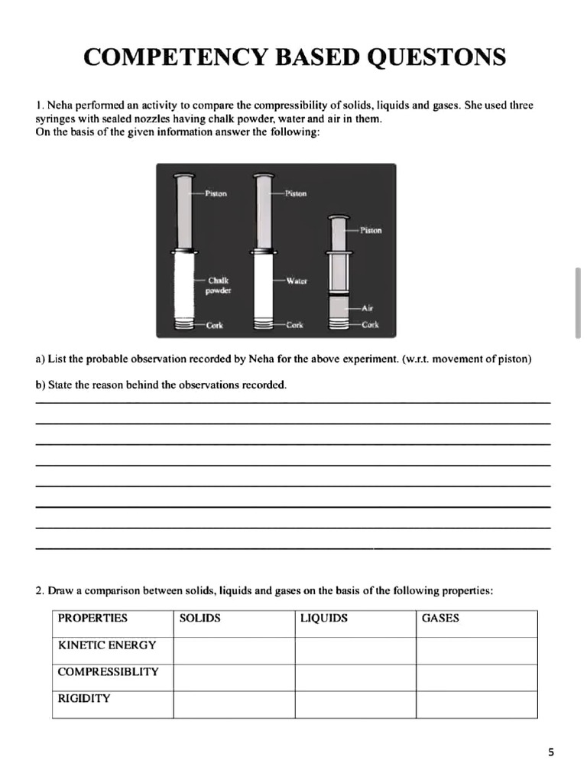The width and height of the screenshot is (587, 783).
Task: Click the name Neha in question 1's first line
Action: click(x=61, y=105)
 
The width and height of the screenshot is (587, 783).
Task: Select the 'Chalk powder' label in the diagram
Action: click(x=219, y=285)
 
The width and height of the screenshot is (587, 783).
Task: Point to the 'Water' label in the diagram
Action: click(x=297, y=281)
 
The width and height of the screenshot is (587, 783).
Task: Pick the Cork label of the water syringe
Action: click(x=294, y=325)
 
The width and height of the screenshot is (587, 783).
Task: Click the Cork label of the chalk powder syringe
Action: click(x=215, y=325)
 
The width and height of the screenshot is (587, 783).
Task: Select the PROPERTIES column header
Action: click(x=92, y=618)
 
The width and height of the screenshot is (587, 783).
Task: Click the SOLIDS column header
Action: click(x=199, y=618)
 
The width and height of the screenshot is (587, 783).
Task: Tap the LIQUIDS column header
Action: click(x=324, y=618)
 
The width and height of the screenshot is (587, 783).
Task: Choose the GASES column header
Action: click(x=440, y=618)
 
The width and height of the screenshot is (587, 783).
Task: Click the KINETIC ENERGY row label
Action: click(x=107, y=645)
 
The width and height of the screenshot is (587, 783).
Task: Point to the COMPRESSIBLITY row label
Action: click(x=109, y=671)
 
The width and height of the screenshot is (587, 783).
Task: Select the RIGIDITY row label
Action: click(x=84, y=698)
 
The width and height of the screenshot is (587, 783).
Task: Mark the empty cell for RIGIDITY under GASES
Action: click(x=476, y=704)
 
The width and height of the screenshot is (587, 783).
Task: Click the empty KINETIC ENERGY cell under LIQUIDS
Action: click(x=355, y=651)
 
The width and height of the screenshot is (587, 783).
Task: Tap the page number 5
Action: click(x=552, y=752)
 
